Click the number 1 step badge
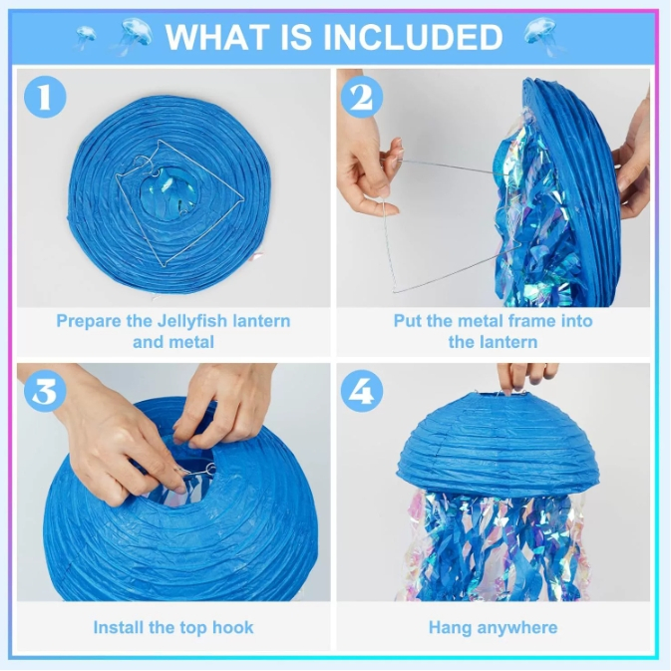click(45, 97)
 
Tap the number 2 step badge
click(362, 97)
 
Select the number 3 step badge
click(45, 391)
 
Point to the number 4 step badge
click(362, 391)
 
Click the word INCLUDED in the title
click(413, 37)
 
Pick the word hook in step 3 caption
click(233, 628)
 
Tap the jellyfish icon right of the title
click(541, 37)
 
